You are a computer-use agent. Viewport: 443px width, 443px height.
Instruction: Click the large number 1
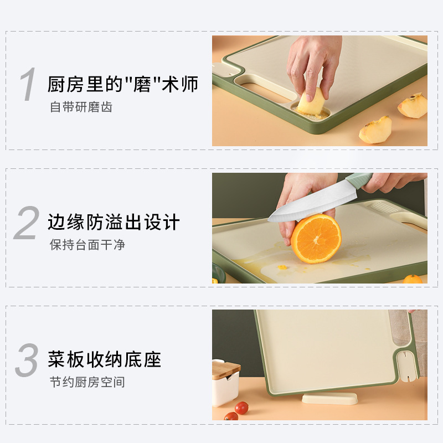click(x=27, y=85)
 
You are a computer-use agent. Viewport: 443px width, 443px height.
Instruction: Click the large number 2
click(x=26, y=223)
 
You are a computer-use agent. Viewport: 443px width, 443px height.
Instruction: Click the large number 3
click(x=27, y=360)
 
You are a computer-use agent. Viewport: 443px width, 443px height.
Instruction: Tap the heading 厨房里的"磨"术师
click(x=122, y=85)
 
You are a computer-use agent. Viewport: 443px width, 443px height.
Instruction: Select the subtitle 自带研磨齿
click(x=81, y=107)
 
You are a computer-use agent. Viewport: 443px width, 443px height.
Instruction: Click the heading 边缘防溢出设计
click(x=114, y=222)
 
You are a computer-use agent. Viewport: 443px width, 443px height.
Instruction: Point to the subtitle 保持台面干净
click(x=87, y=244)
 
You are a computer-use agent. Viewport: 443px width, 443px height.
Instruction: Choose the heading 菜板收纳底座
click(x=104, y=359)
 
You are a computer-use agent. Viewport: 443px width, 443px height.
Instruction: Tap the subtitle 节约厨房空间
click(x=87, y=382)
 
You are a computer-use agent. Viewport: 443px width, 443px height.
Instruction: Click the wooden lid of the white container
click(x=226, y=368)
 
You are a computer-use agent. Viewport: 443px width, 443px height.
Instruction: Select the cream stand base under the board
click(x=329, y=399)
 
